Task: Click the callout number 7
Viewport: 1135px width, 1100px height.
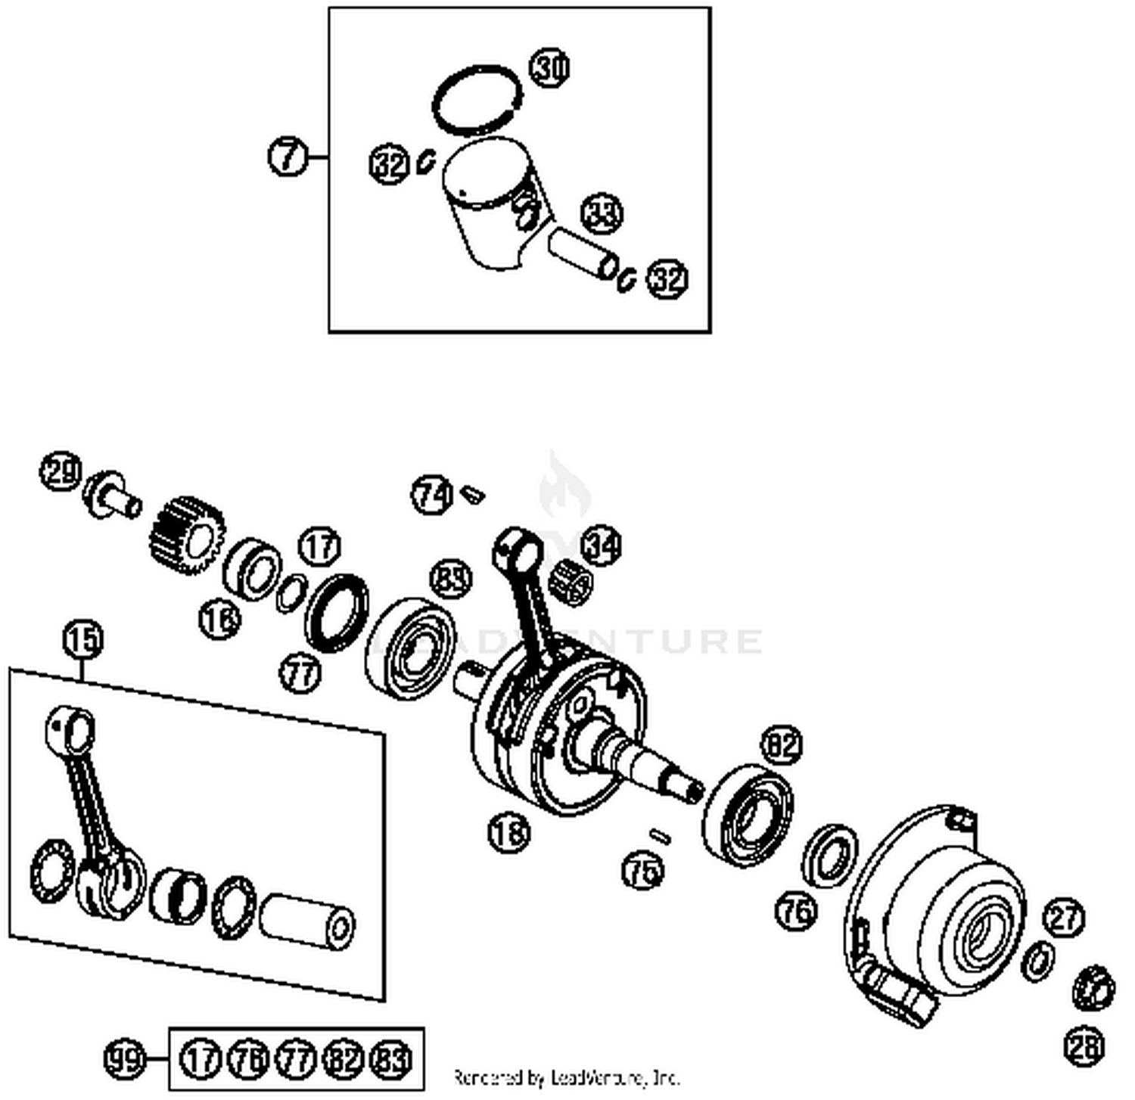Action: pyautogui.click(x=288, y=157)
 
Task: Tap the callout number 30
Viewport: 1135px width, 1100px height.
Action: pyautogui.click(x=549, y=68)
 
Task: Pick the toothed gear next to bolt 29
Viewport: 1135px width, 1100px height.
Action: pyautogui.click(x=187, y=535)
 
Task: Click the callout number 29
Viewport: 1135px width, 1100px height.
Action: pyautogui.click(x=61, y=472)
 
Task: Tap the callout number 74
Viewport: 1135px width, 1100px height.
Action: pyautogui.click(x=431, y=496)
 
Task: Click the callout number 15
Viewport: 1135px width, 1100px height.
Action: pyautogui.click(x=82, y=640)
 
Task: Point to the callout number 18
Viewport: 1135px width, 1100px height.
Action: pyautogui.click(x=509, y=832)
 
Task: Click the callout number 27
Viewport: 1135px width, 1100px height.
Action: pyautogui.click(x=1064, y=918)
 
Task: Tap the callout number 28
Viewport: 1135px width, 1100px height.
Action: pyautogui.click(x=1084, y=1046)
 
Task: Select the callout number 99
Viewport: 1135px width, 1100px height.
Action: pyautogui.click(x=124, y=1058)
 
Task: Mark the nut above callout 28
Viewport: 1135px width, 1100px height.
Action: pyautogui.click(x=1094, y=987)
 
